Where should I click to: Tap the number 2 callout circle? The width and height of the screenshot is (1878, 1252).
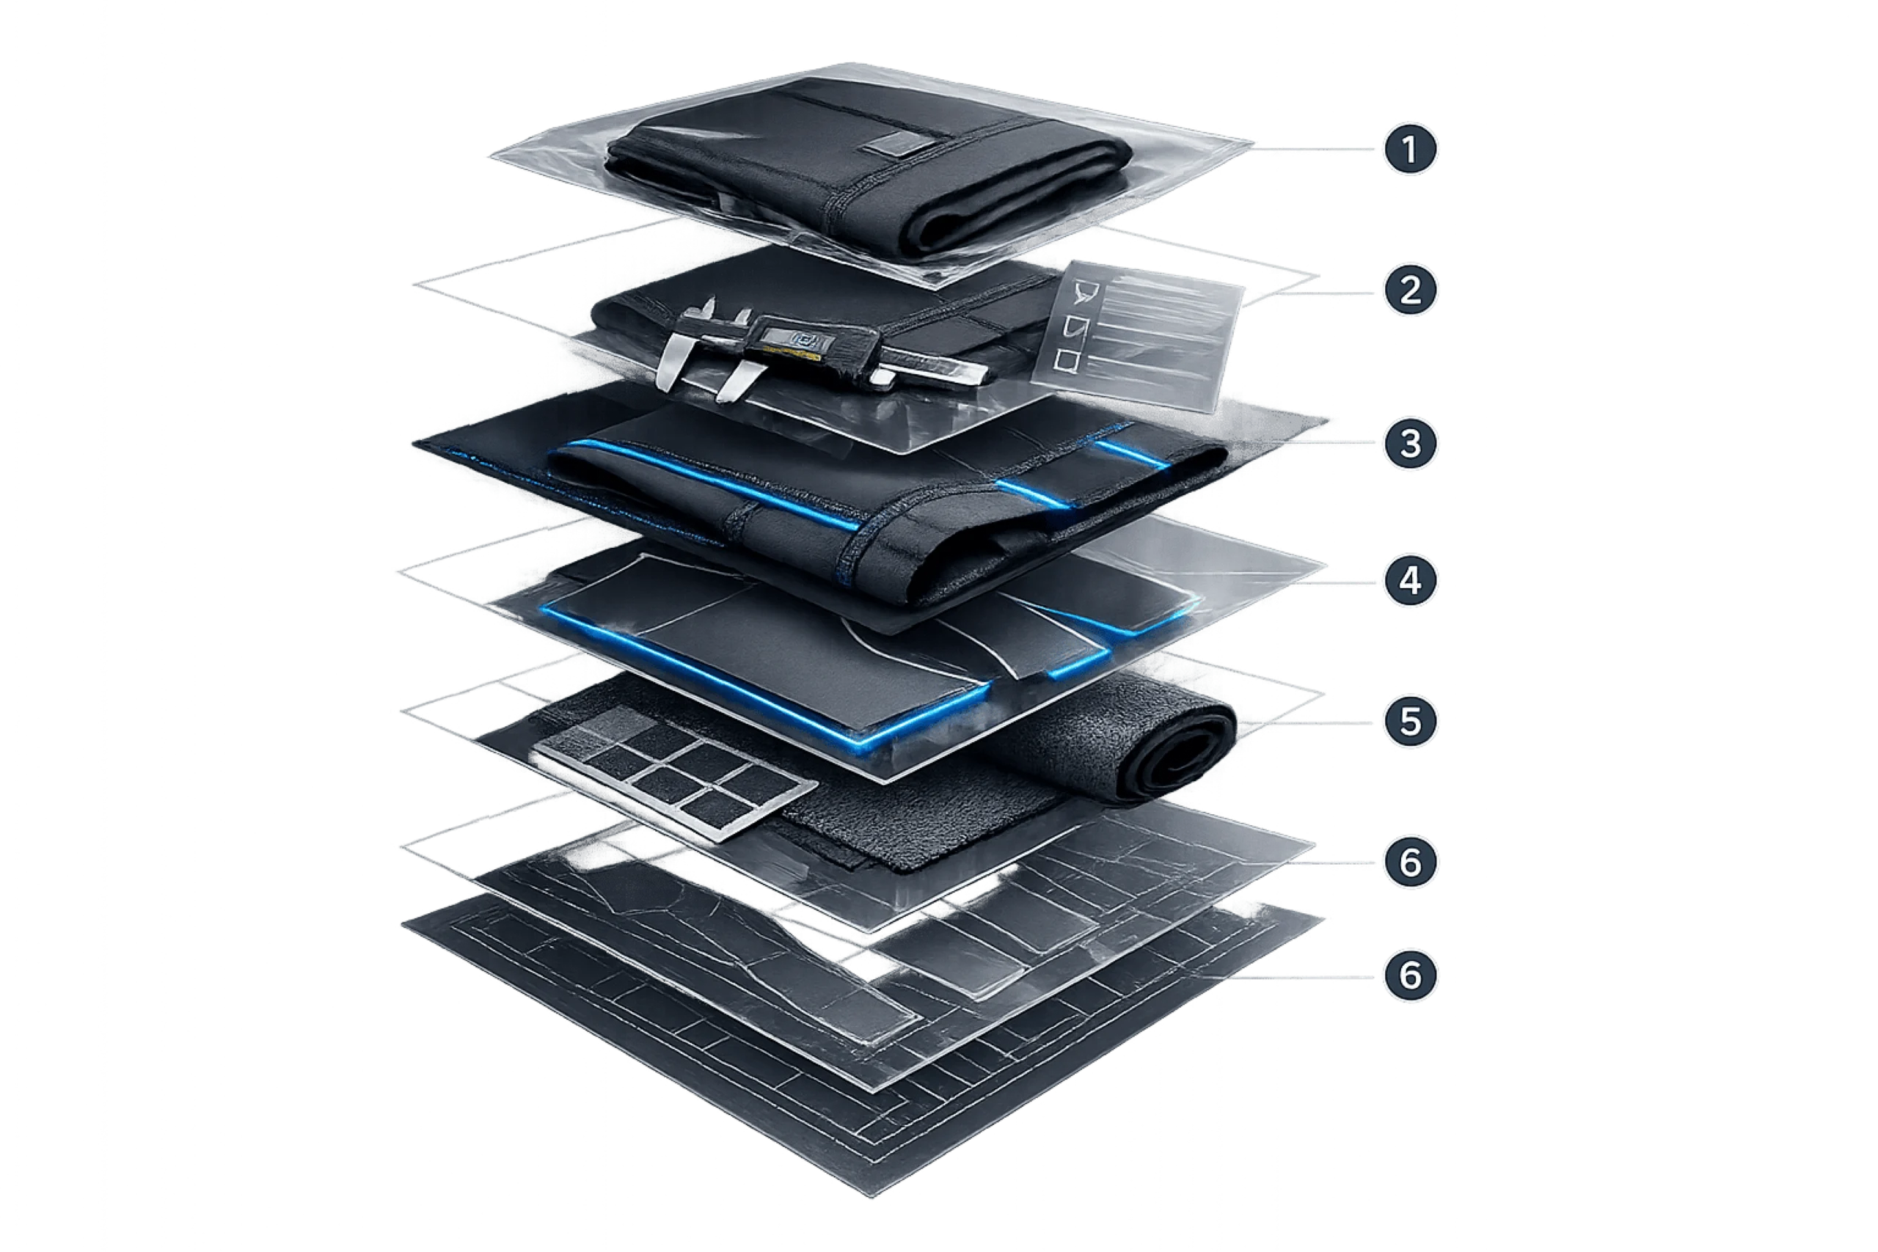1410,290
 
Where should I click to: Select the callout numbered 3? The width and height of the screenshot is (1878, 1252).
1410,443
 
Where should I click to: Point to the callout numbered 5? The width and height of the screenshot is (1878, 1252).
1410,721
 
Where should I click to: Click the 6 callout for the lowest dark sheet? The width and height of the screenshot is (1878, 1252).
1410,975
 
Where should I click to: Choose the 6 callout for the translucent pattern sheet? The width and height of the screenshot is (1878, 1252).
1410,862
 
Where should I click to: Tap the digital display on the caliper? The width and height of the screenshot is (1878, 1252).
794,339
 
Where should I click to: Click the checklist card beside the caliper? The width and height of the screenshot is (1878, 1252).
1138,335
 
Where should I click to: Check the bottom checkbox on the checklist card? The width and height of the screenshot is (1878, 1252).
1065,360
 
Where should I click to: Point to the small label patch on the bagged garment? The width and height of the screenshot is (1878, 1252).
893,144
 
